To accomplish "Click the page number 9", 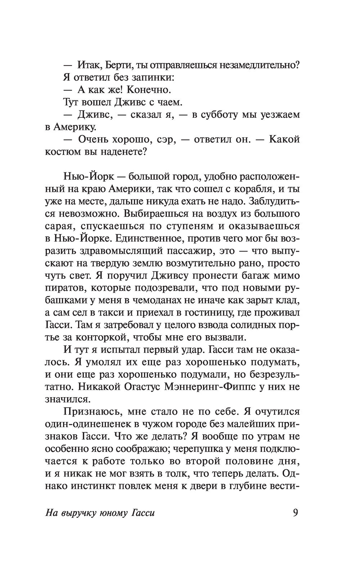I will coord(295,512).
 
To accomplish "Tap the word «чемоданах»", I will coord(162,301).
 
